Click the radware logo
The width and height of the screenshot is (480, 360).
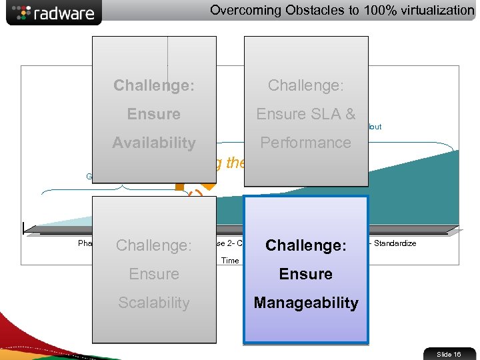(53, 13)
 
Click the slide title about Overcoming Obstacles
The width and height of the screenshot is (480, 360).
(342, 10)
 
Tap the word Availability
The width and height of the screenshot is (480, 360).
(154, 143)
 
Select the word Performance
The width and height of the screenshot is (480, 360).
(306, 143)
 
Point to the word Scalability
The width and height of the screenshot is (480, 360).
(154, 303)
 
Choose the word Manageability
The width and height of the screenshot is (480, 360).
(306, 303)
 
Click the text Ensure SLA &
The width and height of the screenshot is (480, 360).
(306, 114)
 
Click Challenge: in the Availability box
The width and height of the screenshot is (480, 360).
(154, 85)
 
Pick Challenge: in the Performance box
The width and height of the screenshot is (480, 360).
(306, 85)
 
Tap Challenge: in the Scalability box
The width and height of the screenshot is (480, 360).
(154, 245)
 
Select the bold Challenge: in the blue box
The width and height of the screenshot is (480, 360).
(306, 245)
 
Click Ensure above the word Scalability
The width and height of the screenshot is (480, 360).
(154, 274)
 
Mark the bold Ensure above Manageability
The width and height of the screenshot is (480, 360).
(306, 274)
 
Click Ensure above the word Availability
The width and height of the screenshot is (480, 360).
(154, 114)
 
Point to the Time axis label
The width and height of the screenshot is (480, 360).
(230, 261)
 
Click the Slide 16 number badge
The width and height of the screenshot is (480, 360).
(449, 354)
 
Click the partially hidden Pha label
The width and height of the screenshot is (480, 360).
(85, 243)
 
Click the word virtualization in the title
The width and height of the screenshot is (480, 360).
(432, 10)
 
